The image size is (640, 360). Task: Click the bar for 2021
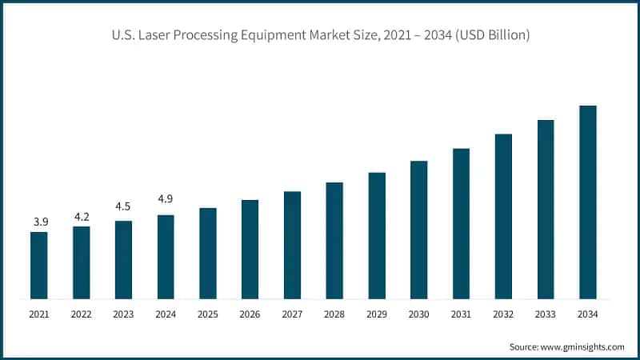click(x=38, y=266)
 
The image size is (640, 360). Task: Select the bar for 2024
click(x=166, y=257)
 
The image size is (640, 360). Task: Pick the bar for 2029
click(x=377, y=236)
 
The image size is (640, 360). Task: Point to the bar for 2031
click(x=462, y=224)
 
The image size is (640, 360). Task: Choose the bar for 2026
click(x=250, y=250)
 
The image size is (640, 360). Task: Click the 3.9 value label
click(x=38, y=221)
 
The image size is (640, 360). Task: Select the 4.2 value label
click(x=81, y=215)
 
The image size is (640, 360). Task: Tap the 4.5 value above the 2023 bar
click(x=123, y=206)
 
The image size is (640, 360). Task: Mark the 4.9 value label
click(x=166, y=198)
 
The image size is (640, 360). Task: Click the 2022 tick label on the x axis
click(x=81, y=314)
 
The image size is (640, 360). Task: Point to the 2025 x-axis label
click(x=208, y=314)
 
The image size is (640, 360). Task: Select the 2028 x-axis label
click(x=334, y=314)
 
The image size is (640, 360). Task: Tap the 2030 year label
click(x=419, y=314)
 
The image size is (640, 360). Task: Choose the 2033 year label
click(x=546, y=314)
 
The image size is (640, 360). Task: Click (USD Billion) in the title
click(x=490, y=35)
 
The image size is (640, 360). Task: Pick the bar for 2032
click(x=503, y=217)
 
